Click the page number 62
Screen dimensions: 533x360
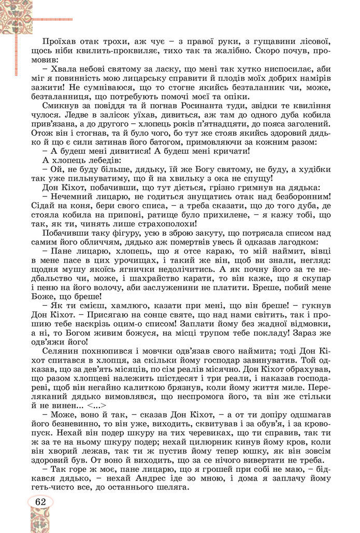point(40,502)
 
